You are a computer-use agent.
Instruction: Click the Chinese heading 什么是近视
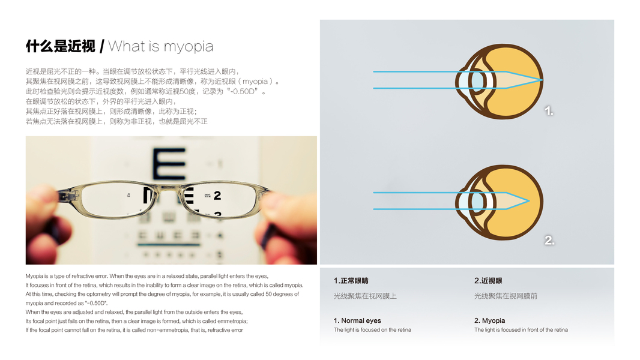(61, 46)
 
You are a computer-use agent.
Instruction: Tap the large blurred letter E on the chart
(169, 164)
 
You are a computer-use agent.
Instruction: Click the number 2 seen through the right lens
(217, 196)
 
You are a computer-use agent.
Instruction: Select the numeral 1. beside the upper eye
(549, 111)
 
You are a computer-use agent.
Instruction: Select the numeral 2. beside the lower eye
(549, 241)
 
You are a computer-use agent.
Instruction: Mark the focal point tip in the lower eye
(529, 200)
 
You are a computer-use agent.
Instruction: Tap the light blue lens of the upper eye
(477, 80)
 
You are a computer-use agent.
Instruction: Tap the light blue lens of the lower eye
(477, 201)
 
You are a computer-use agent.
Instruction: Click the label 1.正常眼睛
(351, 280)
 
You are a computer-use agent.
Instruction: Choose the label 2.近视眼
(488, 280)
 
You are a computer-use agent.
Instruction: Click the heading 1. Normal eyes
(357, 320)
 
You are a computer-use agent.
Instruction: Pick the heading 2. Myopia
(489, 320)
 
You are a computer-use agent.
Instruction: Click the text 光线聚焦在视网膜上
(365, 296)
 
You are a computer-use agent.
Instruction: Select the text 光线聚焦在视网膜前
(506, 296)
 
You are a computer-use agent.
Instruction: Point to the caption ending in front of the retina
(521, 330)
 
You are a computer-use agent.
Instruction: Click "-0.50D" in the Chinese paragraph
(244, 91)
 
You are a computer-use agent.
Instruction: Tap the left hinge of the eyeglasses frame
(65, 196)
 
